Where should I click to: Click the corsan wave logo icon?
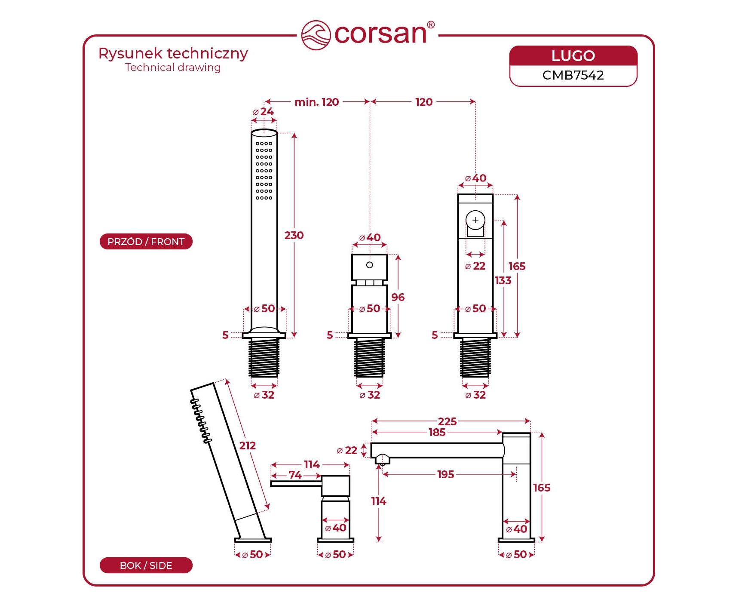click(316, 35)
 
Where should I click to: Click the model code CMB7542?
click(573, 75)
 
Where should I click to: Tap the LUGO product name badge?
click(573, 56)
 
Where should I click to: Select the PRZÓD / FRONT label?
click(146, 242)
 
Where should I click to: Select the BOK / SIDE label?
click(146, 565)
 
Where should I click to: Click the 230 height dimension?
click(294, 235)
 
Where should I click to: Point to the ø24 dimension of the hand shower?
click(264, 112)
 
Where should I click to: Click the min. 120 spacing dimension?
click(317, 102)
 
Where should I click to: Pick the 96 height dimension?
click(398, 297)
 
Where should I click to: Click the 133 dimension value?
click(503, 280)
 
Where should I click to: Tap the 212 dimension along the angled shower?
click(248, 445)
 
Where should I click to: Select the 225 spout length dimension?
click(447, 421)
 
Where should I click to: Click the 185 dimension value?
click(437, 432)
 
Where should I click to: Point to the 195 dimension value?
click(445, 474)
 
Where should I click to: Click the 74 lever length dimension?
click(295, 475)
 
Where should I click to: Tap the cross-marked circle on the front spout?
click(475, 220)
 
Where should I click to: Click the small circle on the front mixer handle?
click(369, 265)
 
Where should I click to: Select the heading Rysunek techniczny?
click(173, 54)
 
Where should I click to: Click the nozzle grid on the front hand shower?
click(264, 171)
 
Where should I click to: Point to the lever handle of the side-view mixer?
click(296, 484)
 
